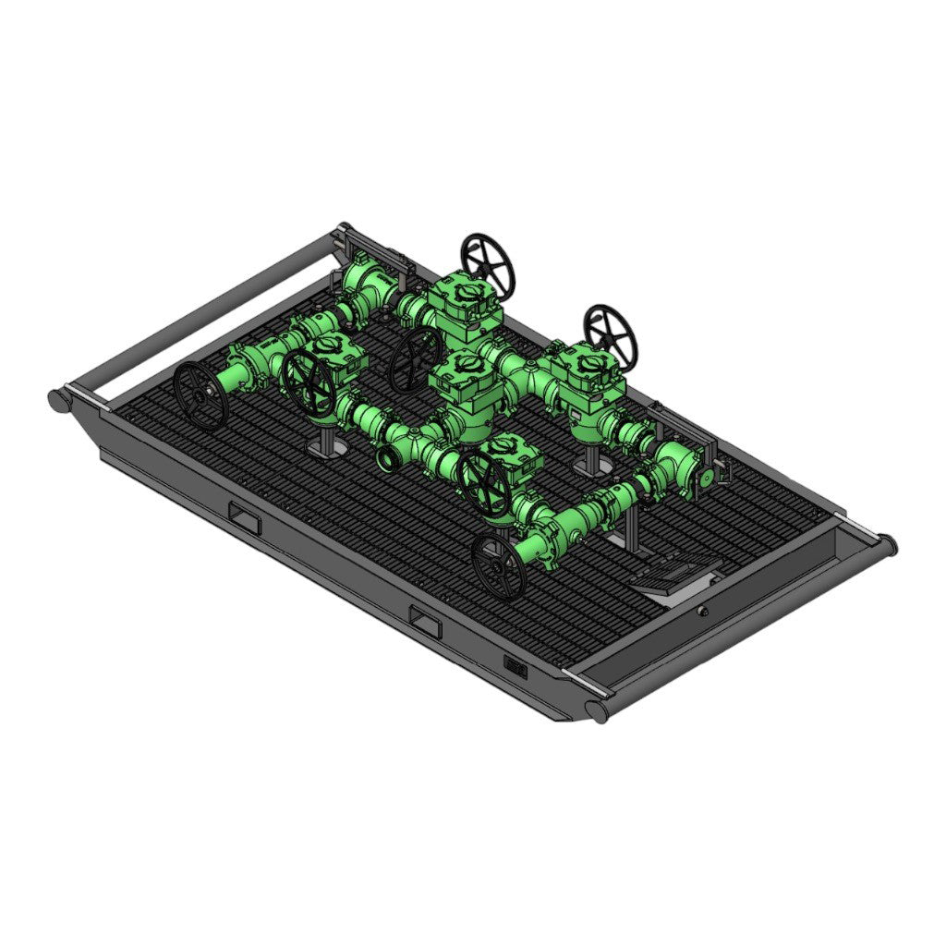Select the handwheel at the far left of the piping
tap(200, 395)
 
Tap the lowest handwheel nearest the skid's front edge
tap(499, 565)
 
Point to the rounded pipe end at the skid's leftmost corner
tap(58, 400)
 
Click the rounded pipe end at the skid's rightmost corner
tap(885, 545)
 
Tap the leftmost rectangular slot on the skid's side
tap(245, 519)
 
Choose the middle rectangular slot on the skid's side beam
tap(426, 624)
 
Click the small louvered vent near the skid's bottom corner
tap(515, 666)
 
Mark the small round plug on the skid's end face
tap(703, 611)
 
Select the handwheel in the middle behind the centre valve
tap(415, 360)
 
